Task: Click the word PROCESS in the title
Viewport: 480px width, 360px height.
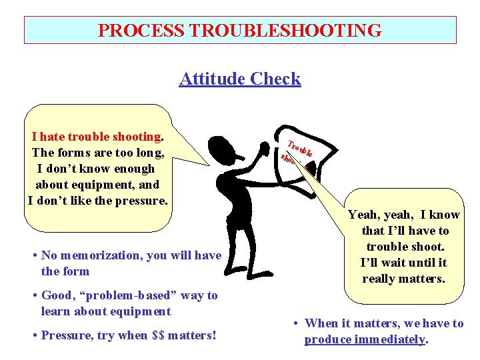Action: [x=141, y=31]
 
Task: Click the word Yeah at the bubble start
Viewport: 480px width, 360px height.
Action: [x=363, y=215]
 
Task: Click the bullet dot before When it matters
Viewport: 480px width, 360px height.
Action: [x=297, y=323]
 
